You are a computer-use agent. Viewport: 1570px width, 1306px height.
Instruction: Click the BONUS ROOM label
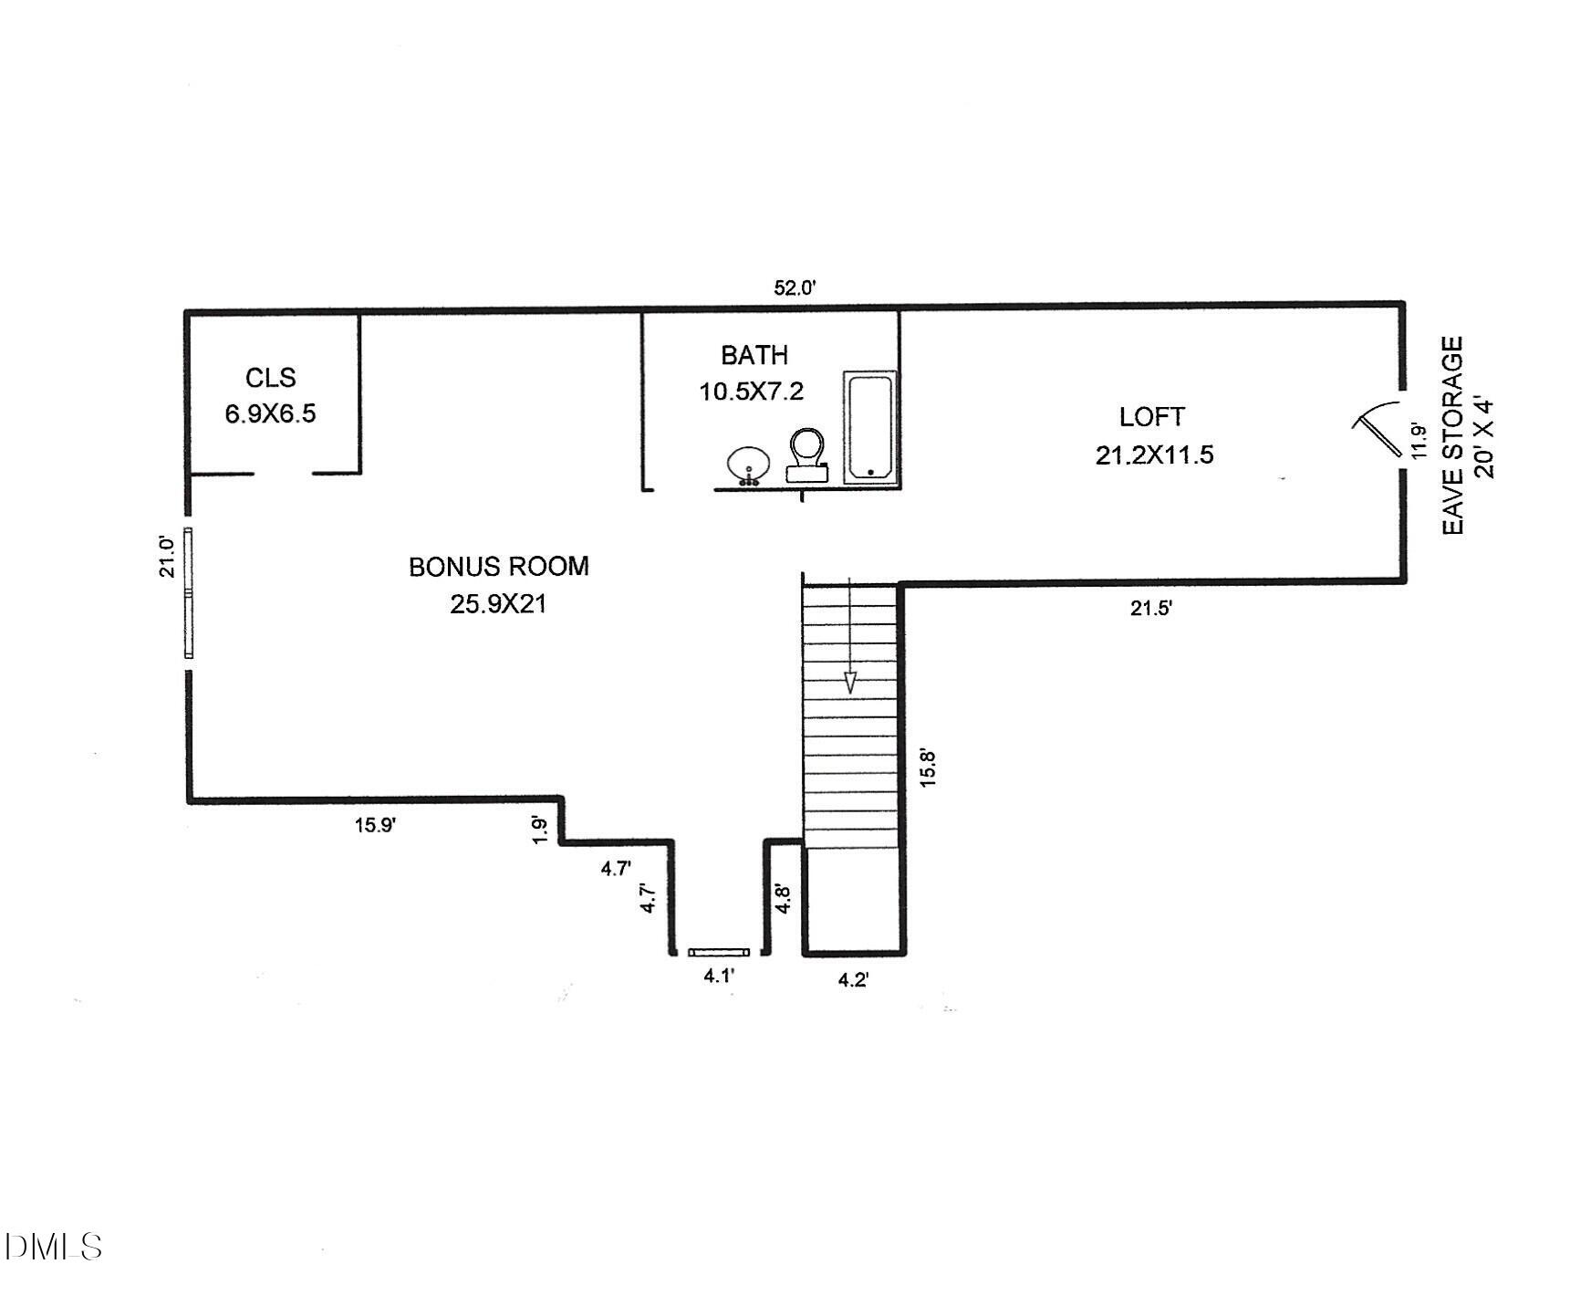[x=498, y=567]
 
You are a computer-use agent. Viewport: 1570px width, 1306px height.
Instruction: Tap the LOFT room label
[x=1152, y=417]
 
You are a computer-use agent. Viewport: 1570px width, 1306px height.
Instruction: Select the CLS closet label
[x=270, y=377]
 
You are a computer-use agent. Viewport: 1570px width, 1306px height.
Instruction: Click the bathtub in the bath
[x=868, y=426]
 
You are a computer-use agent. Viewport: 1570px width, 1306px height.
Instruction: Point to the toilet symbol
[x=806, y=454]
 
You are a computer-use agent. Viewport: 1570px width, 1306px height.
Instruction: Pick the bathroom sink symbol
[x=749, y=465]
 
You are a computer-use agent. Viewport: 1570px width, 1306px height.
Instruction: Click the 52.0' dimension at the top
[x=795, y=288]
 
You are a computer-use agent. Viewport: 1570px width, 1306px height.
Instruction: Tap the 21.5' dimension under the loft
[x=1150, y=608]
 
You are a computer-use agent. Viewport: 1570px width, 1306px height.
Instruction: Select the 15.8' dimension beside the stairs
[x=927, y=768]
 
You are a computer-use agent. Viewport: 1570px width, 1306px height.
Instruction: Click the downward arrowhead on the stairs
[x=850, y=682]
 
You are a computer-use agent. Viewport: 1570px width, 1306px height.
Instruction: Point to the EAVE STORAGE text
[x=1453, y=435]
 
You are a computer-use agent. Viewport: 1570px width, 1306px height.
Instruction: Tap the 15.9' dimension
[x=375, y=825]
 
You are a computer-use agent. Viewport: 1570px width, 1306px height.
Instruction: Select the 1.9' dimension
[x=540, y=829]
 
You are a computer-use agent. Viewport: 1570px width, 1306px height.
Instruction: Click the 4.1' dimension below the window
[x=719, y=976]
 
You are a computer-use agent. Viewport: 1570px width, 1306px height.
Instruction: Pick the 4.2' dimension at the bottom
[x=853, y=980]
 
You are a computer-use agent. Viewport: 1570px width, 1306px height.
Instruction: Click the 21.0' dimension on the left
[x=167, y=556]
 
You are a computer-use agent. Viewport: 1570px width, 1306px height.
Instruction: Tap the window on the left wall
[x=188, y=592]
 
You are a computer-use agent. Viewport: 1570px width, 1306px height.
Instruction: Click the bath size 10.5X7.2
[x=751, y=392]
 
